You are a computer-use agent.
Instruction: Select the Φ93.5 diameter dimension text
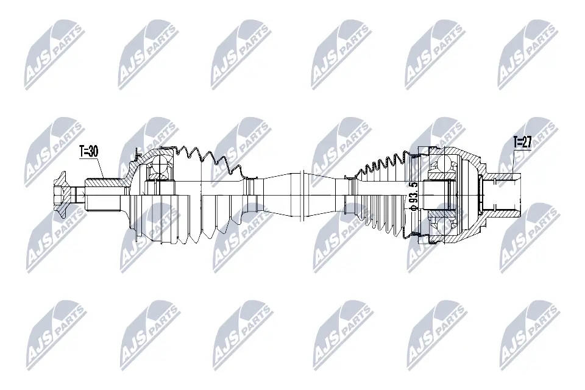tap(414, 196)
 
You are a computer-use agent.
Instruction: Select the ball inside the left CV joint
tap(158, 165)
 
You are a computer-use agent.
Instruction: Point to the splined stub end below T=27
tap(506, 195)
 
